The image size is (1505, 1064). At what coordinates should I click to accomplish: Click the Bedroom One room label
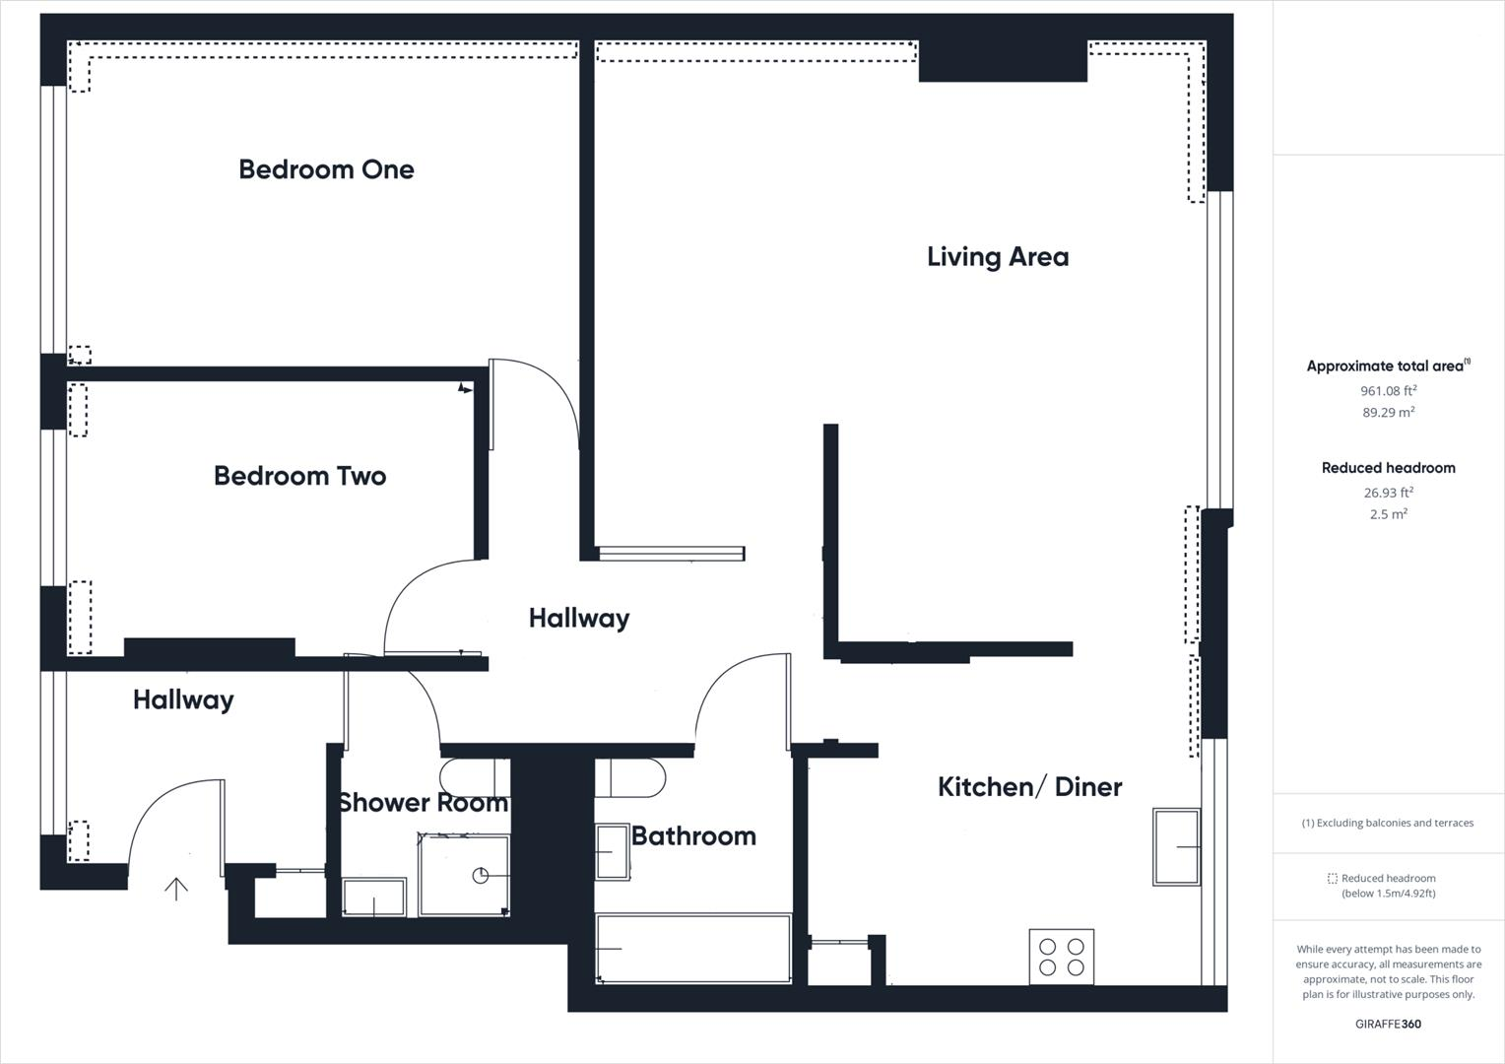tap(326, 169)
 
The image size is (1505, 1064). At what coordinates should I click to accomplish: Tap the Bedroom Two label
tap(299, 476)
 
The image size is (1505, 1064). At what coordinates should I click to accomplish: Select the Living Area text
tap(997, 257)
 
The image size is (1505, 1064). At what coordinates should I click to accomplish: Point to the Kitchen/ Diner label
tap(1029, 787)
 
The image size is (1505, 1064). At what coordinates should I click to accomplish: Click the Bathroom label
tap(693, 836)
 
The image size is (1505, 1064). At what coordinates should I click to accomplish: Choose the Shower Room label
tap(423, 803)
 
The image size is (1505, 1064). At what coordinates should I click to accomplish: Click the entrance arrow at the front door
tap(176, 889)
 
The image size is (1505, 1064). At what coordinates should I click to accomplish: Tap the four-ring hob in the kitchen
tap(1061, 956)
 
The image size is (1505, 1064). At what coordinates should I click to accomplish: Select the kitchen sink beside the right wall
tap(1176, 846)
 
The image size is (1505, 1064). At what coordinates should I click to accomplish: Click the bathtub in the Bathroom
tap(693, 949)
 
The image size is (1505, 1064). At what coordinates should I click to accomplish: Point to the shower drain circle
tap(481, 876)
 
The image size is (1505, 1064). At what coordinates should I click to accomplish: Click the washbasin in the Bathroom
tap(613, 851)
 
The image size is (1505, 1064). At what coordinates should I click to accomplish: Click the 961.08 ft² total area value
tap(1388, 391)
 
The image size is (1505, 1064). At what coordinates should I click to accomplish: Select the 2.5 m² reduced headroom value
tap(1388, 514)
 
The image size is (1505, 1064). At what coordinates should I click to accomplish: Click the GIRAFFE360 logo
tap(1388, 1024)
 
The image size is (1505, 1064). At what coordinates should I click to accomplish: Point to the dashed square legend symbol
tap(1332, 879)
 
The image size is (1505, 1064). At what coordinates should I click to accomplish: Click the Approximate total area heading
tap(1385, 366)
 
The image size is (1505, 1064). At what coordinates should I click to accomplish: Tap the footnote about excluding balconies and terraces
tap(1388, 823)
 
